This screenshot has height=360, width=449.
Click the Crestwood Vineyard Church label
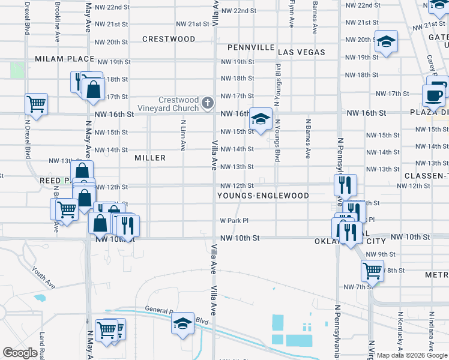coord(178,104)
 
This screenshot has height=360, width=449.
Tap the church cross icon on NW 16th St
coord(208,103)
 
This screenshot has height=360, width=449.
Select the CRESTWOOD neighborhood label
coord(169,39)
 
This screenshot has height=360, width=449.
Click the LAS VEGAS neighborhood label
coord(302,52)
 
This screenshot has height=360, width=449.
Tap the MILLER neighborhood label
coord(150,158)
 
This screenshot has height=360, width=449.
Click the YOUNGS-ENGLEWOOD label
coord(264,196)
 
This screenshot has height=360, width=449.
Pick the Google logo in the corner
coord(20,353)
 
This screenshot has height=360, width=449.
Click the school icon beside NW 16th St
coord(261,118)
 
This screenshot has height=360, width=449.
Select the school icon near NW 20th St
coord(387,41)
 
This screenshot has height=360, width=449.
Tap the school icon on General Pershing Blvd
coord(182,324)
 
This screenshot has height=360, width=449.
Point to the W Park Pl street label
coord(234,221)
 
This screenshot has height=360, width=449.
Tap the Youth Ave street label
coord(43,278)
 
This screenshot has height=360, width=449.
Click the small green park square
coord(17,71)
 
